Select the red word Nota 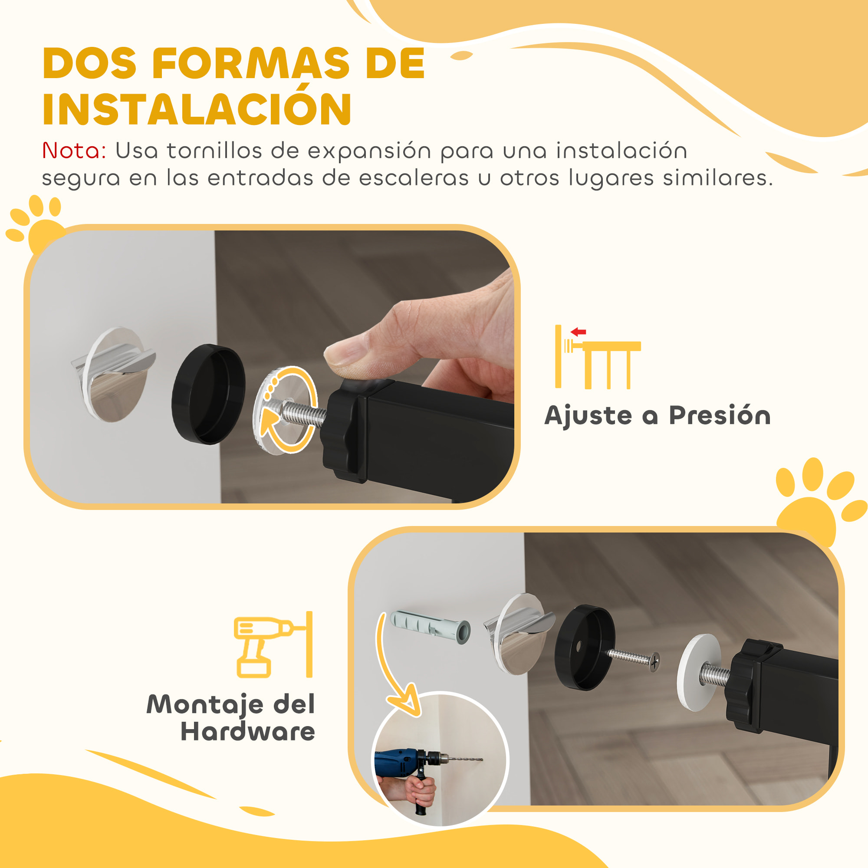74,151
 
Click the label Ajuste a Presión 657,415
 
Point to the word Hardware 247,731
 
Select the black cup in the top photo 208,394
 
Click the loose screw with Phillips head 634,659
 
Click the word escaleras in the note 414,178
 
